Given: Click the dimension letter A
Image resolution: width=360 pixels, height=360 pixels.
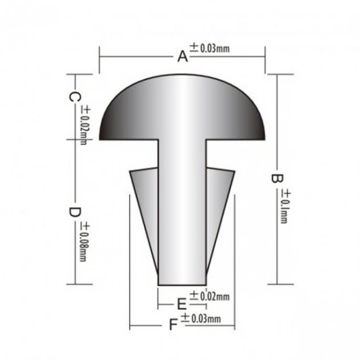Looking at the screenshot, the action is pyautogui.click(x=182, y=56).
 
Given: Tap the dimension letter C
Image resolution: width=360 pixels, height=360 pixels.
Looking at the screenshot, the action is pyautogui.click(x=74, y=97).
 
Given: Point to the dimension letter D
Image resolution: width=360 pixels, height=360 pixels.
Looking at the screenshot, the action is pyautogui.click(x=74, y=212).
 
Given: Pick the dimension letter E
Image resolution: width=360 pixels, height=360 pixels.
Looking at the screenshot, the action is pyautogui.click(x=182, y=304).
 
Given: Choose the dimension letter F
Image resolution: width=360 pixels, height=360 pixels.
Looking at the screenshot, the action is pyautogui.click(x=173, y=325).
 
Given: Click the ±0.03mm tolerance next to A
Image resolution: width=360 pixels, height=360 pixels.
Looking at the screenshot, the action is pyautogui.click(x=209, y=48).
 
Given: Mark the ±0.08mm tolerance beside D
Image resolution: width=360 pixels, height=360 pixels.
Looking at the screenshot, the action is pyautogui.click(x=84, y=243).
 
